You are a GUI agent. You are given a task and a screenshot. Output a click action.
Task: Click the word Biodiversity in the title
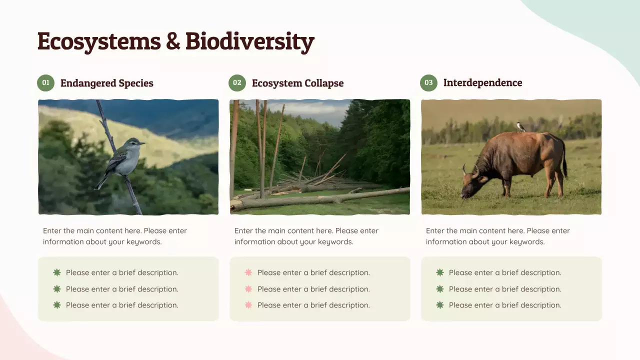point(249,41)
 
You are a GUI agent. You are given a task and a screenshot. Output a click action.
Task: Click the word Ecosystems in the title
point(98,41)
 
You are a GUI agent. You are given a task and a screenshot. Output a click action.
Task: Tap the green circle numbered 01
point(45,83)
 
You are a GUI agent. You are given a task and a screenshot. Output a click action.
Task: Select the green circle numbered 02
point(237,83)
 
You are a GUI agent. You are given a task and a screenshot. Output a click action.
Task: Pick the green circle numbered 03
point(428,83)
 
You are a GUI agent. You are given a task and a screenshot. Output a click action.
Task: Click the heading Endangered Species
point(106,83)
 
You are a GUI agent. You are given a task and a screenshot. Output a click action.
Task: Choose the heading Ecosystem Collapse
point(297,83)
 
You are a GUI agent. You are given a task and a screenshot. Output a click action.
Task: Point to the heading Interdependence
point(482,83)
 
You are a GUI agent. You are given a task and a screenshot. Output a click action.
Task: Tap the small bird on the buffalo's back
point(520,127)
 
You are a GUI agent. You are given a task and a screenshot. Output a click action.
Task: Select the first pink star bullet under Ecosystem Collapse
point(248,272)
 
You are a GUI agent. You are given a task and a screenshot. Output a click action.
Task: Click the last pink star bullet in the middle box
point(248,305)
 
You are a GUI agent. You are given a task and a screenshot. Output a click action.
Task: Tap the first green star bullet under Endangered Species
point(57,272)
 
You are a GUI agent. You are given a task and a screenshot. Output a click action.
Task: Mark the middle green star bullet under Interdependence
point(440,289)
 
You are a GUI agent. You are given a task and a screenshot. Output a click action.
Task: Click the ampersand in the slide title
point(173,41)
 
